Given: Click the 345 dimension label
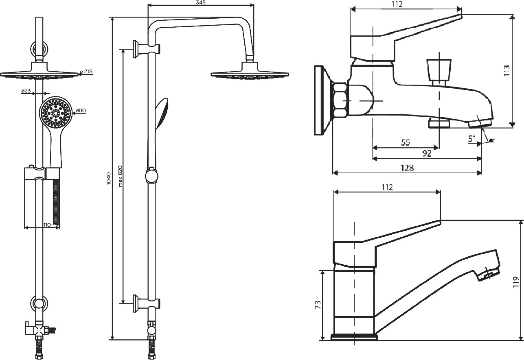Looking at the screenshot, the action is (x=201, y=2).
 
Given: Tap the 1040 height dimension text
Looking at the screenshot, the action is (x=109, y=179).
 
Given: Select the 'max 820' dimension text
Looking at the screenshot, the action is (x=120, y=176).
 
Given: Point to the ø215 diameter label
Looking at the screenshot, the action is (x=86, y=72).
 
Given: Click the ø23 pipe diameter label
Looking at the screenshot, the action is (x=26, y=91).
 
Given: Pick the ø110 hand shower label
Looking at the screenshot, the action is (x=81, y=111).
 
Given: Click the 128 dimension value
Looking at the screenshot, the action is (x=407, y=168).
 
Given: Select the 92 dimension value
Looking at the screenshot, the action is (x=427, y=154).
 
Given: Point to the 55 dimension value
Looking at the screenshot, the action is (x=406, y=143).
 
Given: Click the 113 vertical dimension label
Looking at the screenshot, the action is (x=506, y=70).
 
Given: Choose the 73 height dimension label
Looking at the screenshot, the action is (x=318, y=305).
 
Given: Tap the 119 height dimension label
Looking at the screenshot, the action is (x=515, y=282).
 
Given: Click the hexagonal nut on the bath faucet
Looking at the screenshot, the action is (x=340, y=100).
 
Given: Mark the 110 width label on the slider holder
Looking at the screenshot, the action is (x=47, y=225).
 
